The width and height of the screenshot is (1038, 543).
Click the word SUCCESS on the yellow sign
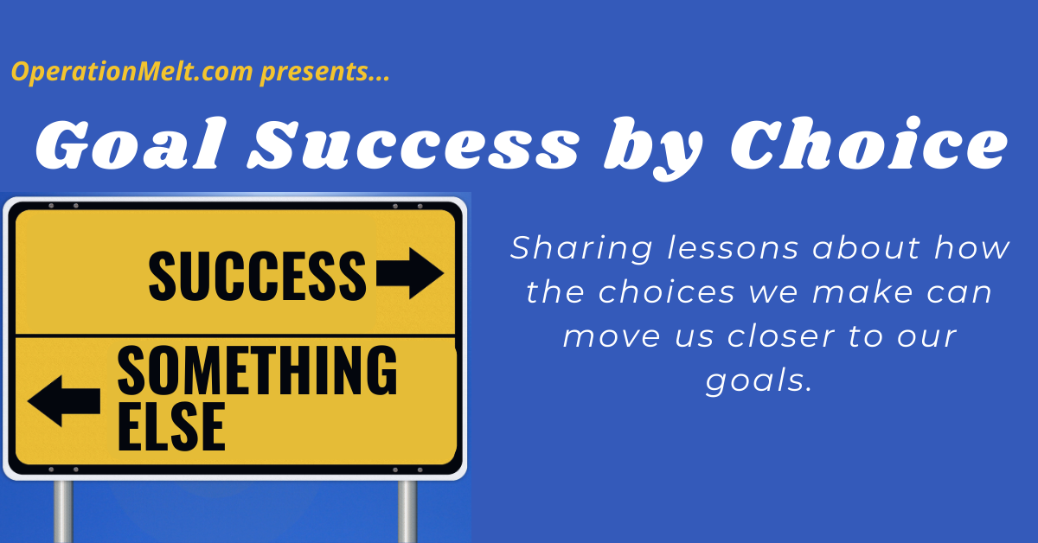click(257, 275)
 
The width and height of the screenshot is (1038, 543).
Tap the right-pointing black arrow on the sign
click(410, 273)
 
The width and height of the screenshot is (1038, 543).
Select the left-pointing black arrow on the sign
click(64, 400)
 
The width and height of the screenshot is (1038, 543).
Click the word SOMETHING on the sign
click(257, 371)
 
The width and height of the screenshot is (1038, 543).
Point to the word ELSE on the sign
click(171, 427)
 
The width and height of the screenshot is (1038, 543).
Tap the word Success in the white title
click(413, 144)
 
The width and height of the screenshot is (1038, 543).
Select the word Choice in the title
click(868, 144)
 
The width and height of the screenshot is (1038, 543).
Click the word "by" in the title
click(653, 148)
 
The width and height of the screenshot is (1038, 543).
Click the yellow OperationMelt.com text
click(132, 72)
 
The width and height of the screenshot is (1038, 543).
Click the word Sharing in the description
click(581, 249)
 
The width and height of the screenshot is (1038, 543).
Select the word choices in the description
click(666, 292)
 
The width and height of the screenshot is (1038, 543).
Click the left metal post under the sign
click(63, 512)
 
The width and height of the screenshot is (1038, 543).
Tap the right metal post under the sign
click(407, 512)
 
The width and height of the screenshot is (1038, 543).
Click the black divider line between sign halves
click(235, 335)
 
